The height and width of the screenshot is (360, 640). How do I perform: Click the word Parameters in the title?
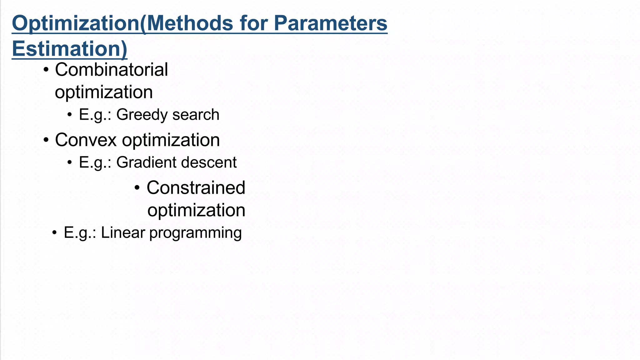[330, 23]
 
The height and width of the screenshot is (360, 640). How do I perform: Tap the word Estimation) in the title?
[69, 49]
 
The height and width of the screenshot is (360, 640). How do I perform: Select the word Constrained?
[196, 188]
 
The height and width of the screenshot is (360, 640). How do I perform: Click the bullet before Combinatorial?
[46, 70]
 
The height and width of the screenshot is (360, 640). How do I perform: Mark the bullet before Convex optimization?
[46, 140]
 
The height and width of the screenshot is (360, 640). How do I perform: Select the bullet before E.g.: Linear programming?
[54, 233]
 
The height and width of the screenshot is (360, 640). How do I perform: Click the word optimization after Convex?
[171, 140]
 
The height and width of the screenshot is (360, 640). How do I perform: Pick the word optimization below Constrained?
[196, 210]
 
